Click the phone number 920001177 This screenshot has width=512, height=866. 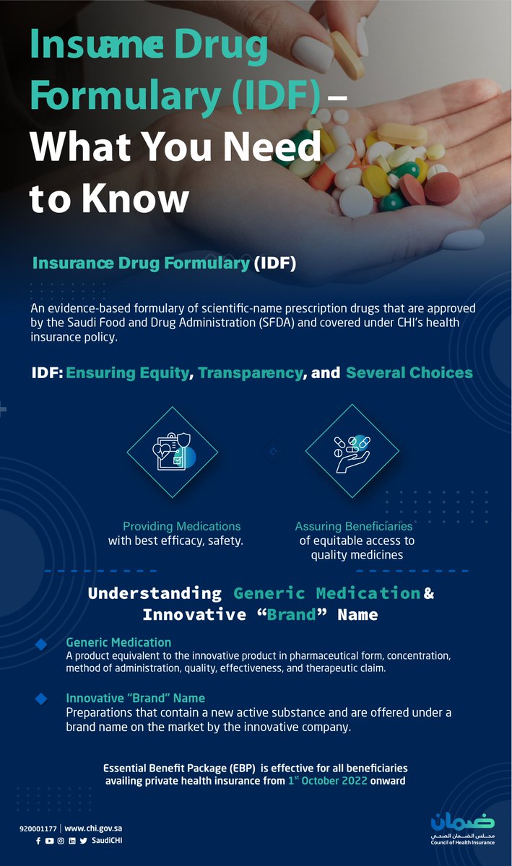[38, 828]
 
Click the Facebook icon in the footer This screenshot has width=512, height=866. [38, 841]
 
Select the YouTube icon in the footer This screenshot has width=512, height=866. [49, 841]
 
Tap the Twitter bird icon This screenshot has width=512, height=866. [84, 841]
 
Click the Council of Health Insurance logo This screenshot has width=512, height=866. [462, 827]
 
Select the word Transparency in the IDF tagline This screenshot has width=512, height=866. [251, 373]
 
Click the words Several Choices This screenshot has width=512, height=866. [409, 373]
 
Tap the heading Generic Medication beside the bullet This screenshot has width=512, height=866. [118, 642]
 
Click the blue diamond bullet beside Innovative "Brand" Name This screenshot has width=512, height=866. [41, 699]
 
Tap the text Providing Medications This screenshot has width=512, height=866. [182, 526]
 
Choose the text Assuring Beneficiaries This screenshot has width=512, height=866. [354, 526]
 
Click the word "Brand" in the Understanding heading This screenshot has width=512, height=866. [290, 615]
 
